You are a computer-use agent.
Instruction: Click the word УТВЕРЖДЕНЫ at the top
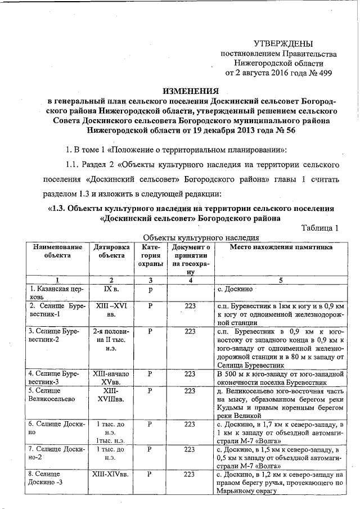(283, 43)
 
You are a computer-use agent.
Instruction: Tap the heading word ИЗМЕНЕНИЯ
(190, 91)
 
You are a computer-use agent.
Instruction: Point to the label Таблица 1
(319, 228)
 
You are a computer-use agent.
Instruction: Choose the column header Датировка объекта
(112, 251)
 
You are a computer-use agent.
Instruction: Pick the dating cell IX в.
(111, 289)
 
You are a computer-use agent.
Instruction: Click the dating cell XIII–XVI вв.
(112, 310)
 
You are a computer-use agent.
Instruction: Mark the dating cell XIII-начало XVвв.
(112, 378)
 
